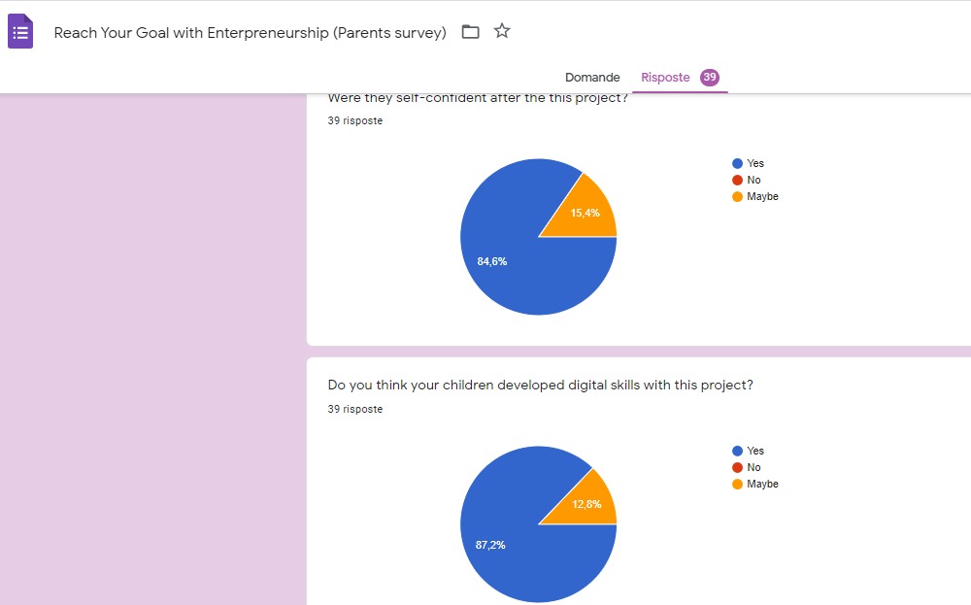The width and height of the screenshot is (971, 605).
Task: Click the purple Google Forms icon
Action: pos(20,32)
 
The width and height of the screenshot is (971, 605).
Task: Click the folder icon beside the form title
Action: pos(470,32)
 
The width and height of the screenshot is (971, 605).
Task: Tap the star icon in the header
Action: pos(502,31)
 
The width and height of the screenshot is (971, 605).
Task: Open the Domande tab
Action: pos(592,78)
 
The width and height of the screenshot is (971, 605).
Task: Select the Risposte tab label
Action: pos(665,78)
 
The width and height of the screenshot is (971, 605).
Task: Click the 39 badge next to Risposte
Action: pos(710,78)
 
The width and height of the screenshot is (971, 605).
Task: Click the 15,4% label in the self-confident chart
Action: pos(585,213)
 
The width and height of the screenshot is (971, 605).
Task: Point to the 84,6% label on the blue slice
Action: pos(491,261)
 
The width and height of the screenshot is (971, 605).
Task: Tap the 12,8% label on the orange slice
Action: pos(586,504)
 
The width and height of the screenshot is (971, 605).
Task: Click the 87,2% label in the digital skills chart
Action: pos(490,545)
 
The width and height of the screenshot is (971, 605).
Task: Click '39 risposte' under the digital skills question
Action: pos(355,410)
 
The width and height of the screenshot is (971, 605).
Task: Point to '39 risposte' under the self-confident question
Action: pos(355,121)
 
